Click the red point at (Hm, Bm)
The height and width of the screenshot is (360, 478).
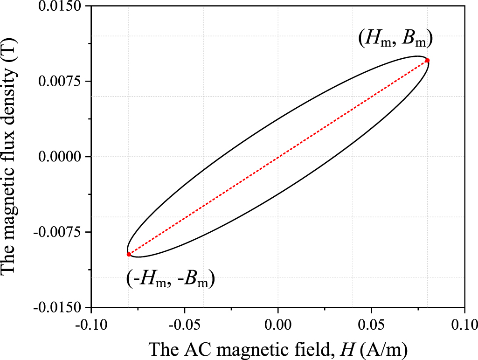tap(427, 61)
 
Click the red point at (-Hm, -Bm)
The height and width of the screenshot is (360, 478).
tap(129, 254)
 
